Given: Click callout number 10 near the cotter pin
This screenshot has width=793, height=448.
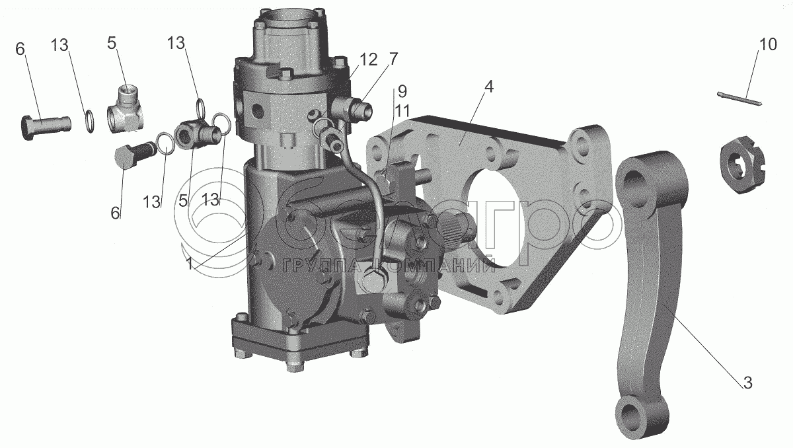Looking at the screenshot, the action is tap(767, 46).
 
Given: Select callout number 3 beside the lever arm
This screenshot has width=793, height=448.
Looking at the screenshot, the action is tap(747, 381).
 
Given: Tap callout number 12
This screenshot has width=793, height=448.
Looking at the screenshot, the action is tap(368, 59).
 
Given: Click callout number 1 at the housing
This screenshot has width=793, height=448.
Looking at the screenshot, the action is tap(190, 263).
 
